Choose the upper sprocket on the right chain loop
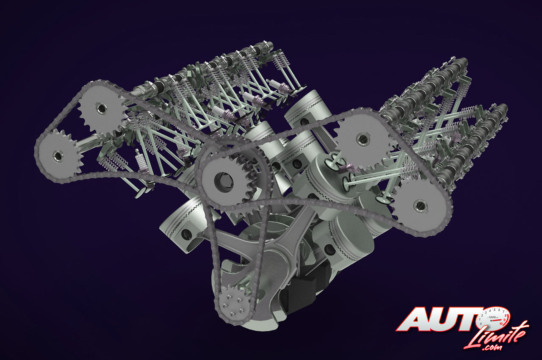pos(362,140)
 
